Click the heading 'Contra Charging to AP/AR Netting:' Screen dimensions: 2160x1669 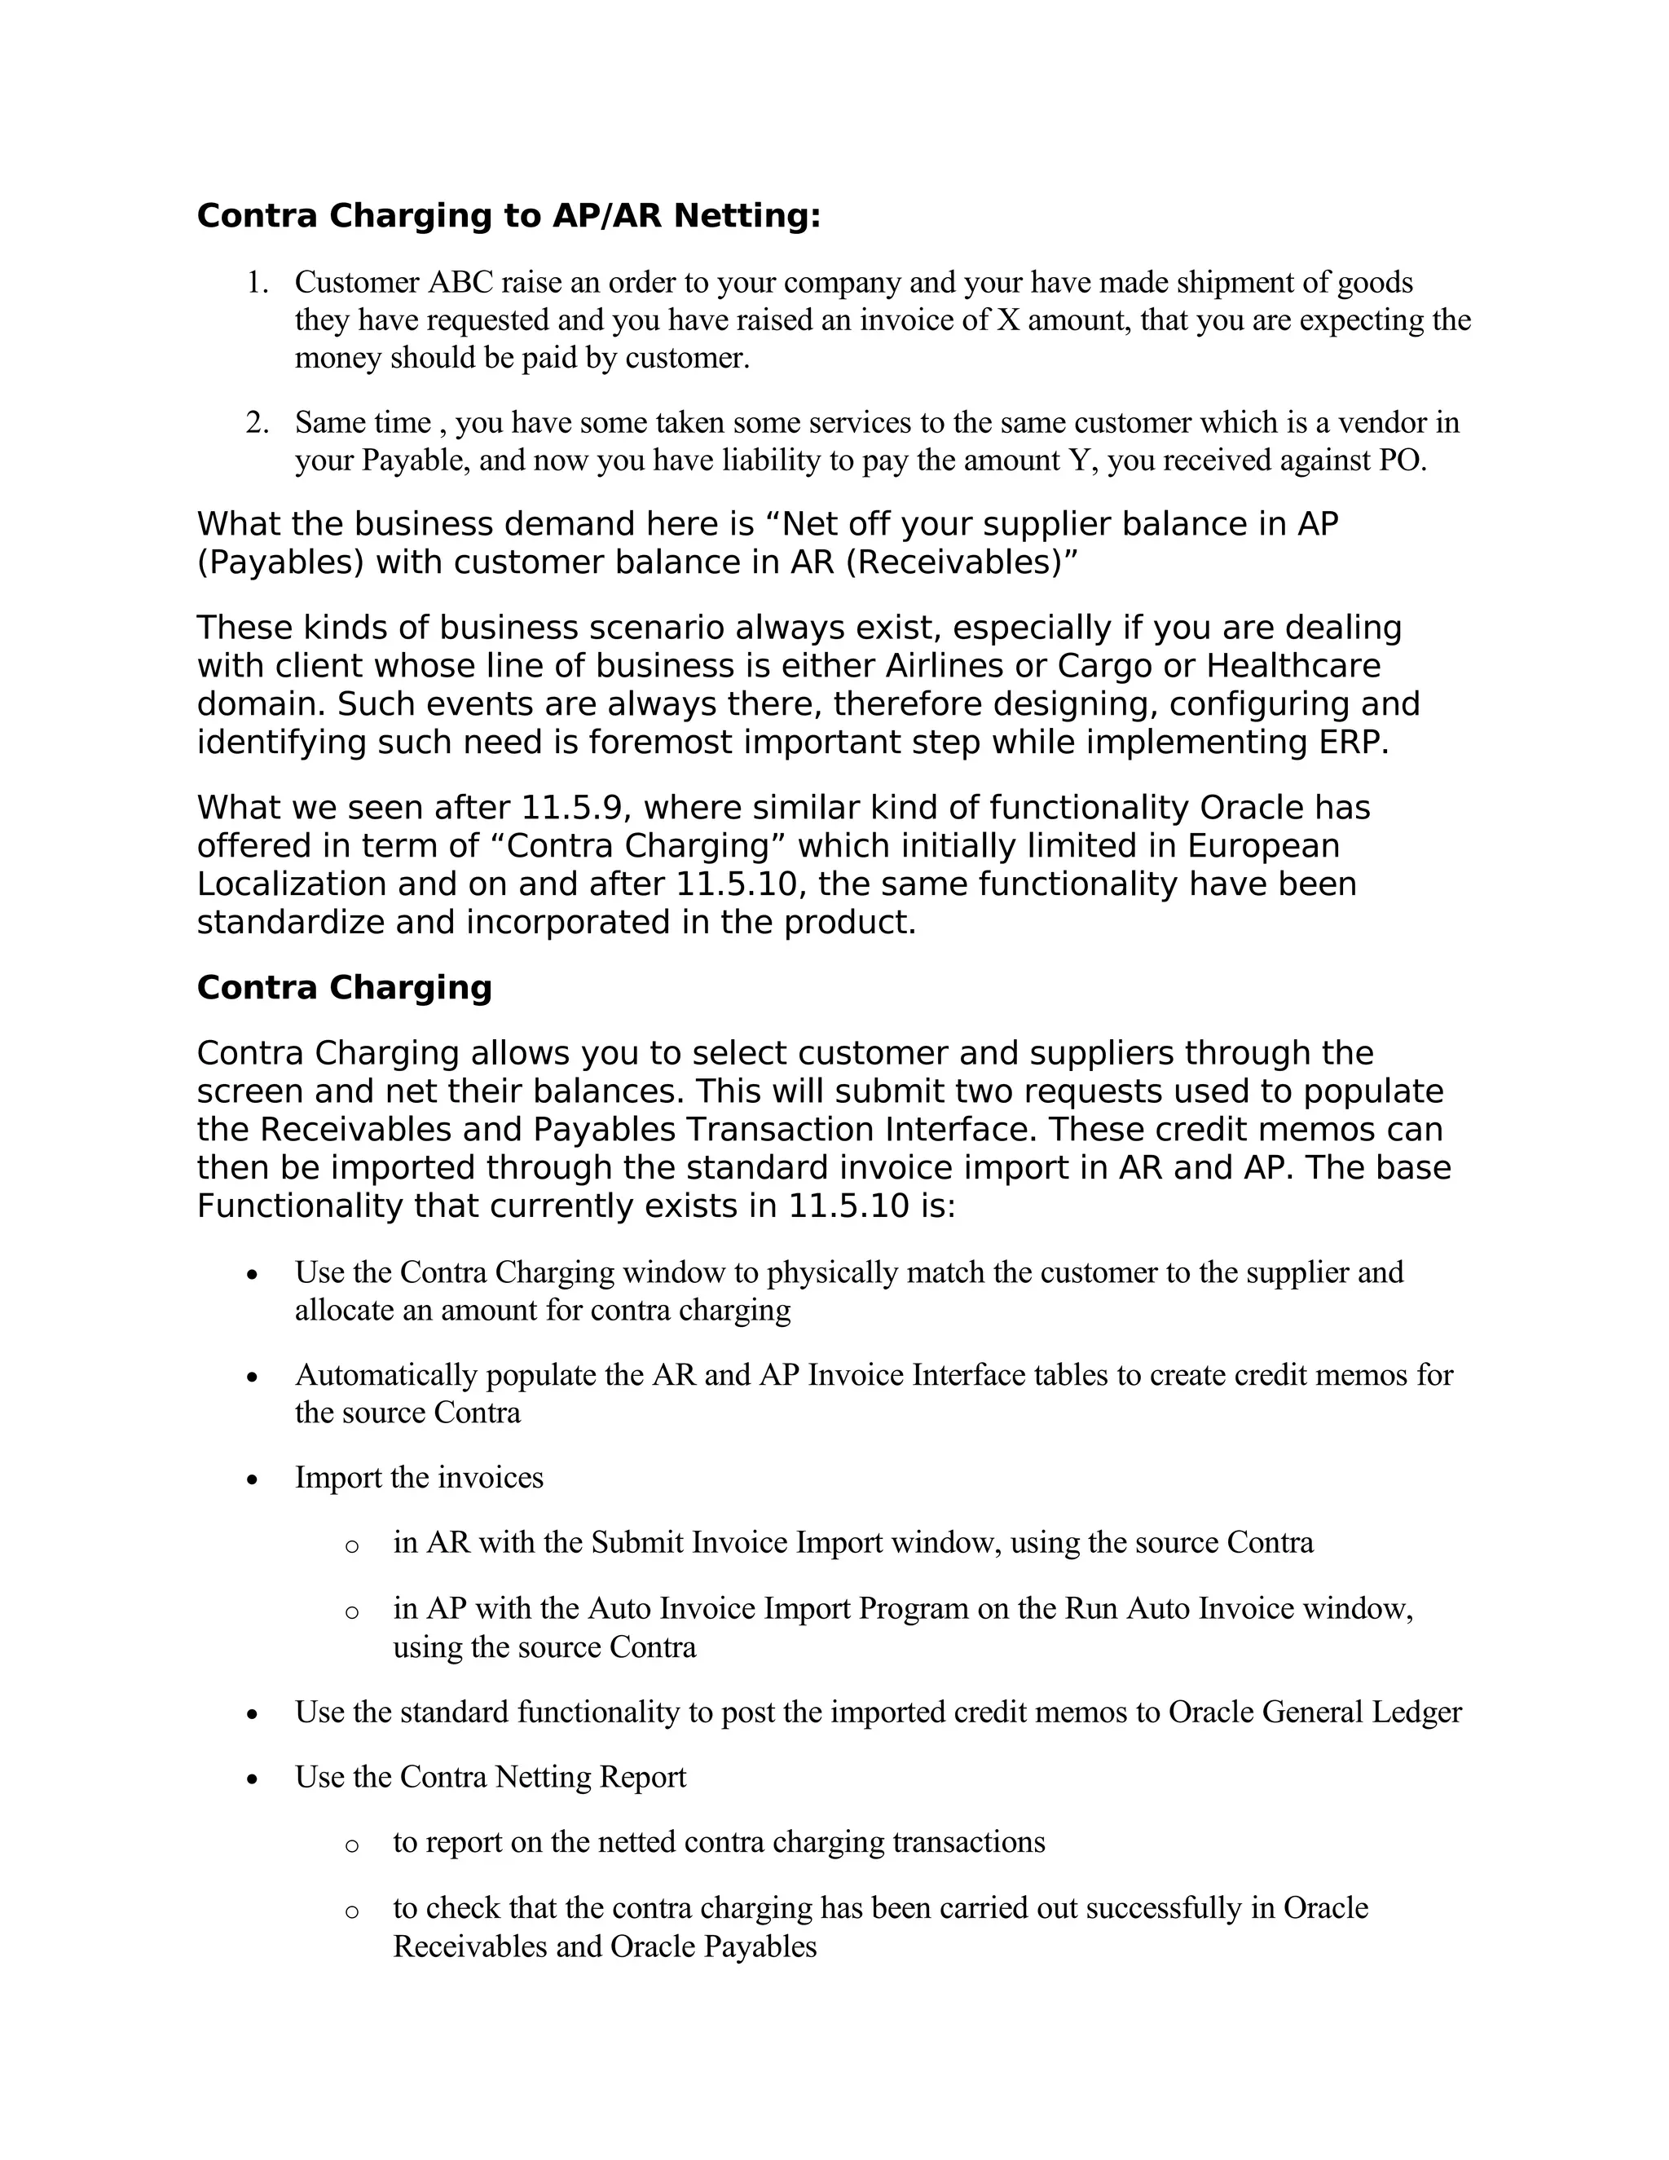click(x=509, y=216)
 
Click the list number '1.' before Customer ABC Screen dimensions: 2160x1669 click(x=257, y=283)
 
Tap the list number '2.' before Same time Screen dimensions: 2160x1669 click(x=257, y=423)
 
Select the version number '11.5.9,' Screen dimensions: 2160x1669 click(x=576, y=808)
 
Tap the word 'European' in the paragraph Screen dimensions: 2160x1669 click(x=1262, y=847)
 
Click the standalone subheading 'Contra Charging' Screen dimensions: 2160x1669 click(x=344, y=988)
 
